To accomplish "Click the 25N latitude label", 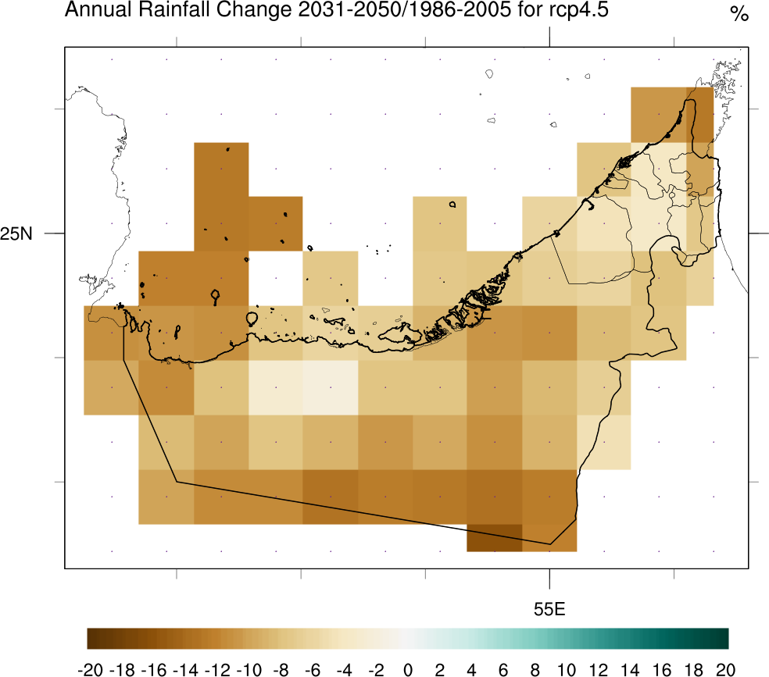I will (x=16, y=233).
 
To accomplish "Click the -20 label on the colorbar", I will (x=91, y=669).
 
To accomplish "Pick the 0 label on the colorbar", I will (x=408, y=669).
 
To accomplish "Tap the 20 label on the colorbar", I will (x=725, y=669).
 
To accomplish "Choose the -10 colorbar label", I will (x=249, y=669).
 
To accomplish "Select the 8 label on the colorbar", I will (x=535, y=669).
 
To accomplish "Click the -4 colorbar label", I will (x=344, y=669).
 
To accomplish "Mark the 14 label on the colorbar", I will (x=630, y=669).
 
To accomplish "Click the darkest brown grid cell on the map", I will (x=494, y=537).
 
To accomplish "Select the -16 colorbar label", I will (x=154, y=669).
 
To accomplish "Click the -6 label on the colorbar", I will (x=313, y=669).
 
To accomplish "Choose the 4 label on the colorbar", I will (x=472, y=669).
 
